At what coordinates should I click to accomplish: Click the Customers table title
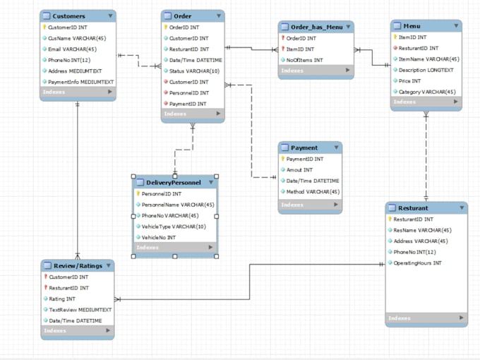(x=69, y=16)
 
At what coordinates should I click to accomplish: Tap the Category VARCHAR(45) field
(x=427, y=91)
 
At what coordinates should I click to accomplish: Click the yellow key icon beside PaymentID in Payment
(x=282, y=159)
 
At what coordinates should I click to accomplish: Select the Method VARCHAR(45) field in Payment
(x=312, y=191)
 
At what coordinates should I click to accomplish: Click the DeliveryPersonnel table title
(x=173, y=182)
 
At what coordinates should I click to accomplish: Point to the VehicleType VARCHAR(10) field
(x=173, y=227)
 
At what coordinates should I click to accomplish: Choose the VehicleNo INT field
(x=161, y=237)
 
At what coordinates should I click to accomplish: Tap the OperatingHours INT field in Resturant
(x=417, y=263)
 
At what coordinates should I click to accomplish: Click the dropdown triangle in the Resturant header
(x=461, y=208)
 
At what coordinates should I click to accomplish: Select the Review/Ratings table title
(x=78, y=266)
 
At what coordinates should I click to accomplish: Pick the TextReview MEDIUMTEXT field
(x=80, y=309)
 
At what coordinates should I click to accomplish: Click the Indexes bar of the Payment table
(x=310, y=205)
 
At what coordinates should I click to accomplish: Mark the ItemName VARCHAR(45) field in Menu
(x=428, y=59)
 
